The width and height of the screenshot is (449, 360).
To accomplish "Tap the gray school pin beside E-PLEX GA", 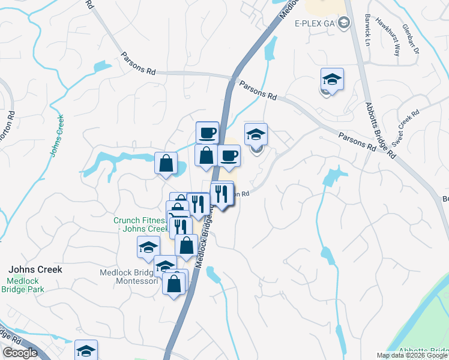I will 343,23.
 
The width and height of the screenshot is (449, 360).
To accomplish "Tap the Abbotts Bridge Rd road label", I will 381,129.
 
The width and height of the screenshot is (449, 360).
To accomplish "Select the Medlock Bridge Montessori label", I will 127,277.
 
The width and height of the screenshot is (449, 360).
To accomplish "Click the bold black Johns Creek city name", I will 34,269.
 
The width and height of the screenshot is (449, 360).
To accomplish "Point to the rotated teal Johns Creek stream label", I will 56,136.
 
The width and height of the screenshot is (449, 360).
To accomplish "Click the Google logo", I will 20,353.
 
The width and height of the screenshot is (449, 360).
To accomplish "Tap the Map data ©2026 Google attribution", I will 412,355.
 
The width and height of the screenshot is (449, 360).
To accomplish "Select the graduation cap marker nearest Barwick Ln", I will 331,79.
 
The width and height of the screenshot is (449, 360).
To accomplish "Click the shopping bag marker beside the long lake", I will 166,163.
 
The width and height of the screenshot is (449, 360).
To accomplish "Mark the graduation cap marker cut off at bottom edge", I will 86,350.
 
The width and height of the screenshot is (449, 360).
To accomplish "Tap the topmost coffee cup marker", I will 207,132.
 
